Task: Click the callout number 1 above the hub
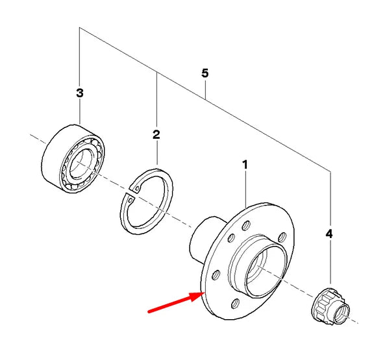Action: [x=245, y=165]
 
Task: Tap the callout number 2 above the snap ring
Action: [x=156, y=135]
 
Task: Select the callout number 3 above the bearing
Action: [x=80, y=93]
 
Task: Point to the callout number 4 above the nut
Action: [x=329, y=234]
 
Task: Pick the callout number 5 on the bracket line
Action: [x=205, y=73]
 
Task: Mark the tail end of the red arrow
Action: [x=149, y=311]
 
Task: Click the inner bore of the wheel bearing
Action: [x=81, y=163]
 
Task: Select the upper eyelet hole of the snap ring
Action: [x=138, y=189]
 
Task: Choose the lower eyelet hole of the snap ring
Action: [x=131, y=200]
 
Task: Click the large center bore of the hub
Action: [x=265, y=272]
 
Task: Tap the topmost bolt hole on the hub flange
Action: [x=246, y=225]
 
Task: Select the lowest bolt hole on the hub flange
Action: [x=236, y=303]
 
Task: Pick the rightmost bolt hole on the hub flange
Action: [x=282, y=237]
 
